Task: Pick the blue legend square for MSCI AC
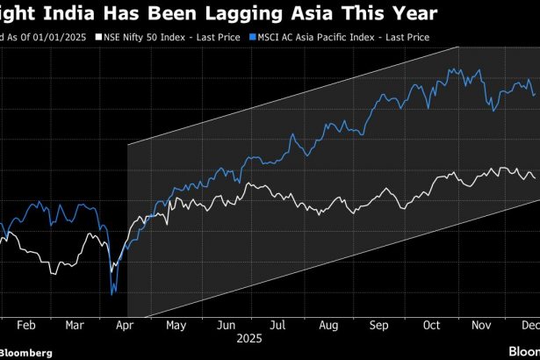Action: click(x=252, y=38)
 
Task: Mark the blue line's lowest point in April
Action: click(x=112, y=295)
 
